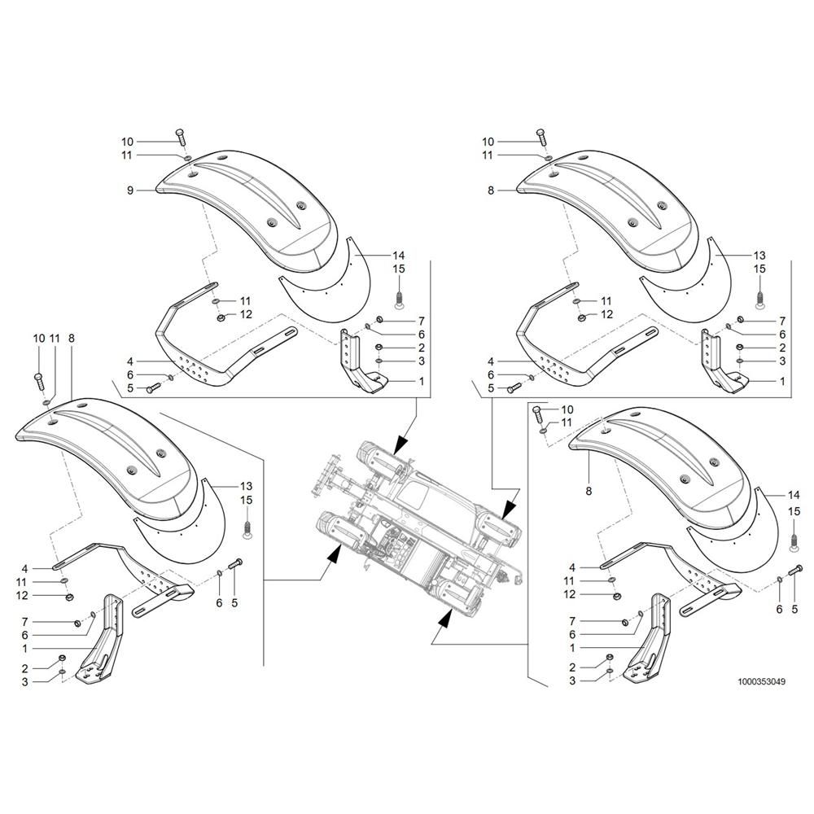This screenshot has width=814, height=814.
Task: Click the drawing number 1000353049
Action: [760, 681]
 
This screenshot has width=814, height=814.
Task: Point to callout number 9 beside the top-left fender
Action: [130, 190]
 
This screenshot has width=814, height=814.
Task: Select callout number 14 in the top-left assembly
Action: [399, 256]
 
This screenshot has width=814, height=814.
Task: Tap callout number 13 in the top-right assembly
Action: [759, 256]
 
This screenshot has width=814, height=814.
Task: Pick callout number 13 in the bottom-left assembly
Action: [246, 486]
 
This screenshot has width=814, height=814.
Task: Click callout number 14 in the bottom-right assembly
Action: [794, 495]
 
